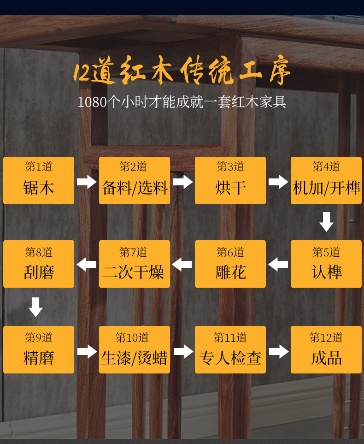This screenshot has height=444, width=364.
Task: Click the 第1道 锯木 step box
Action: click(39, 180)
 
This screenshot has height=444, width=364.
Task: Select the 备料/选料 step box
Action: click(135, 180)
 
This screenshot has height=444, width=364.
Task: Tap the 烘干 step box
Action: click(230, 180)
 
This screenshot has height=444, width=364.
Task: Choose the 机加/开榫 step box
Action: click(326, 180)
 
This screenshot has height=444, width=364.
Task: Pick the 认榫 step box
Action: click(326, 264)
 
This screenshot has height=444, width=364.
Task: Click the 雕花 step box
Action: click(230, 264)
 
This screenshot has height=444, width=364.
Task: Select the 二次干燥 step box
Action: click(135, 264)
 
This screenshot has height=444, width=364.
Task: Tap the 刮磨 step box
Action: click(39, 264)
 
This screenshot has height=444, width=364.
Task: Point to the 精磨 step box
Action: click(39, 349)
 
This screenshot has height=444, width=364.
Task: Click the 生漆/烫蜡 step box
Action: click(135, 349)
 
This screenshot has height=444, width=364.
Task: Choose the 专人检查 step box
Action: click(230, 349)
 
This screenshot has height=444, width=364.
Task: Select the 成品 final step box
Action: click(326, 349)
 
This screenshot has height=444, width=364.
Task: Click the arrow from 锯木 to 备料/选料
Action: click(87, 181)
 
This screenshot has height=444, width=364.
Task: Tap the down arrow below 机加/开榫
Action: click(326, 222)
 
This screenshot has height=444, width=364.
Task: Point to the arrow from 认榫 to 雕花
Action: click(278, 265)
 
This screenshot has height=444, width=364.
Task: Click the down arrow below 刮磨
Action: click(35, 307)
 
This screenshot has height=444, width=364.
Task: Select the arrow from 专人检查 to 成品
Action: click(278, 351)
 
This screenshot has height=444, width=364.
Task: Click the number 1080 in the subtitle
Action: click(92, 102)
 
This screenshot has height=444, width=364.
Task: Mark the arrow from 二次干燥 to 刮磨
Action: click(87, 265)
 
